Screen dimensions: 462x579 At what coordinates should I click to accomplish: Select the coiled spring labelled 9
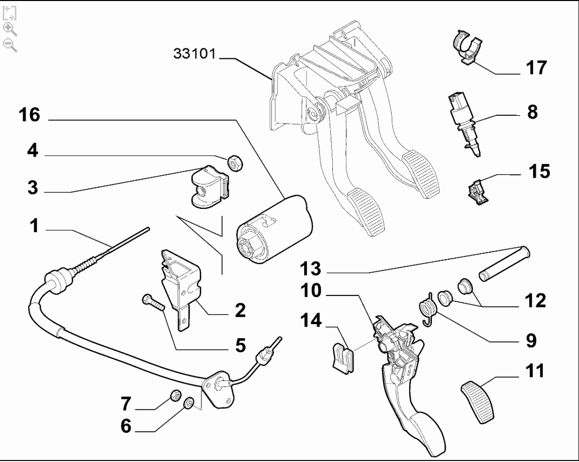[x=427, y=307]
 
